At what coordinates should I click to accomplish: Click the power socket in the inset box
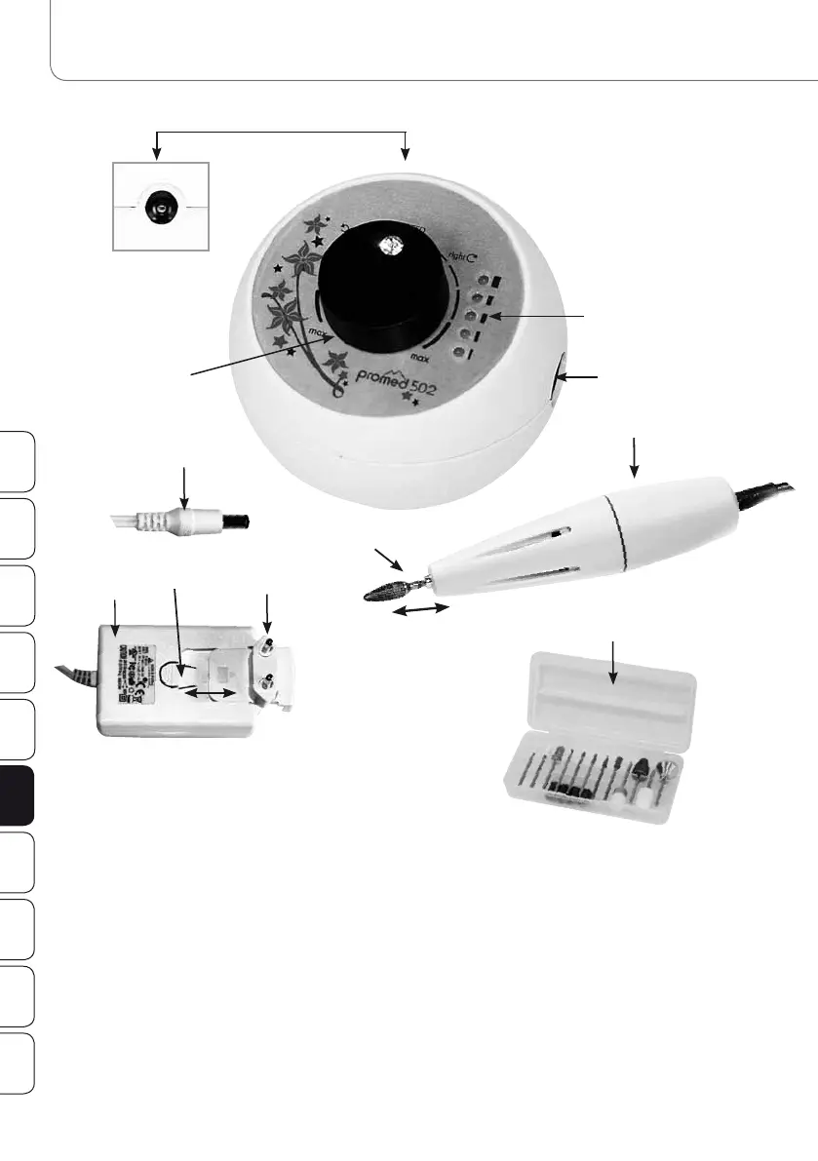(x=157, y=208)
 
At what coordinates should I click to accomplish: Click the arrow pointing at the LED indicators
(x=535, y=317)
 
